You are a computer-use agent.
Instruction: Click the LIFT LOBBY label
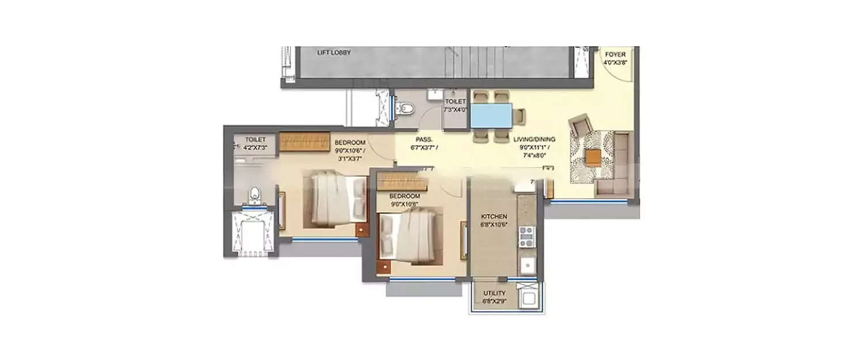click(x=334, y=52)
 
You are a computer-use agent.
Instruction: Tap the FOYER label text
click(x=615, y=54)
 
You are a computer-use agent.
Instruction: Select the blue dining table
click(x=491, y=115)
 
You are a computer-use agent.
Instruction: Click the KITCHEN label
click(x=494, y=217)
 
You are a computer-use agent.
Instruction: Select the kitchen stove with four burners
click(x=526, y=236)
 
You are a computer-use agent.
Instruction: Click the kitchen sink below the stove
click(x=527, y=266)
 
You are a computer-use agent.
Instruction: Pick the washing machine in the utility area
click(x=528, y=299)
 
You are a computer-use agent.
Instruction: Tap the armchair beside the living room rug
click(x=580, y=126)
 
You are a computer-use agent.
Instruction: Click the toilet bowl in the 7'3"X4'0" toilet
click(x=406, y=107)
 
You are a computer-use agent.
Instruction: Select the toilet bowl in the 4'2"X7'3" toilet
click(x=253, y=195)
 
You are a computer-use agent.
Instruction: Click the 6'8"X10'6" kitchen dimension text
click(x=494, y=224)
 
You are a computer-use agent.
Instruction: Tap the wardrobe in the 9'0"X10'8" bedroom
click(x=402, y=182)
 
